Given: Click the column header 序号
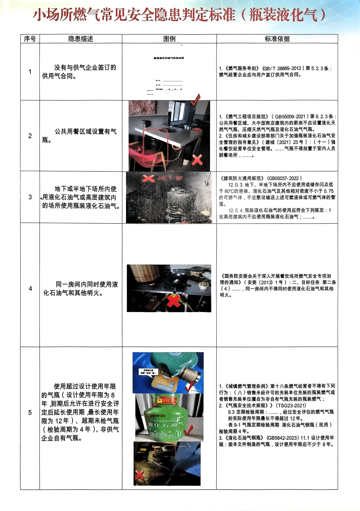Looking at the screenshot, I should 30,39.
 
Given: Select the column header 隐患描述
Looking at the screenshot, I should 81,39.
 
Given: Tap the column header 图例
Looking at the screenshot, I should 169,39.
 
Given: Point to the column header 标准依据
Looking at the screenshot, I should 277,39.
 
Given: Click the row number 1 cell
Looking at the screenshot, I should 30,72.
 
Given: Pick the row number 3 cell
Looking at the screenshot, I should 30,197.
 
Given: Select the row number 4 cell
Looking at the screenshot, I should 30,289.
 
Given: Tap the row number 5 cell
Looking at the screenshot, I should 30,413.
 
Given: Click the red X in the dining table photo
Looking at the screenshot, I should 197,160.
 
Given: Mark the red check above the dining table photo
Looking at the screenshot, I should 195,99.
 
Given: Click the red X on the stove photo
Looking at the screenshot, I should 174,301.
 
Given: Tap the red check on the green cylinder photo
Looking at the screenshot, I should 189,430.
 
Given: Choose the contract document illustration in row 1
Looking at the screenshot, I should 169,72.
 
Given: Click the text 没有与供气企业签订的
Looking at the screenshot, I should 85,67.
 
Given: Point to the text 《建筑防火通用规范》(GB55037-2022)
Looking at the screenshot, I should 260,178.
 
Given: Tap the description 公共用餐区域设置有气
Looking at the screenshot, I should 86,132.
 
